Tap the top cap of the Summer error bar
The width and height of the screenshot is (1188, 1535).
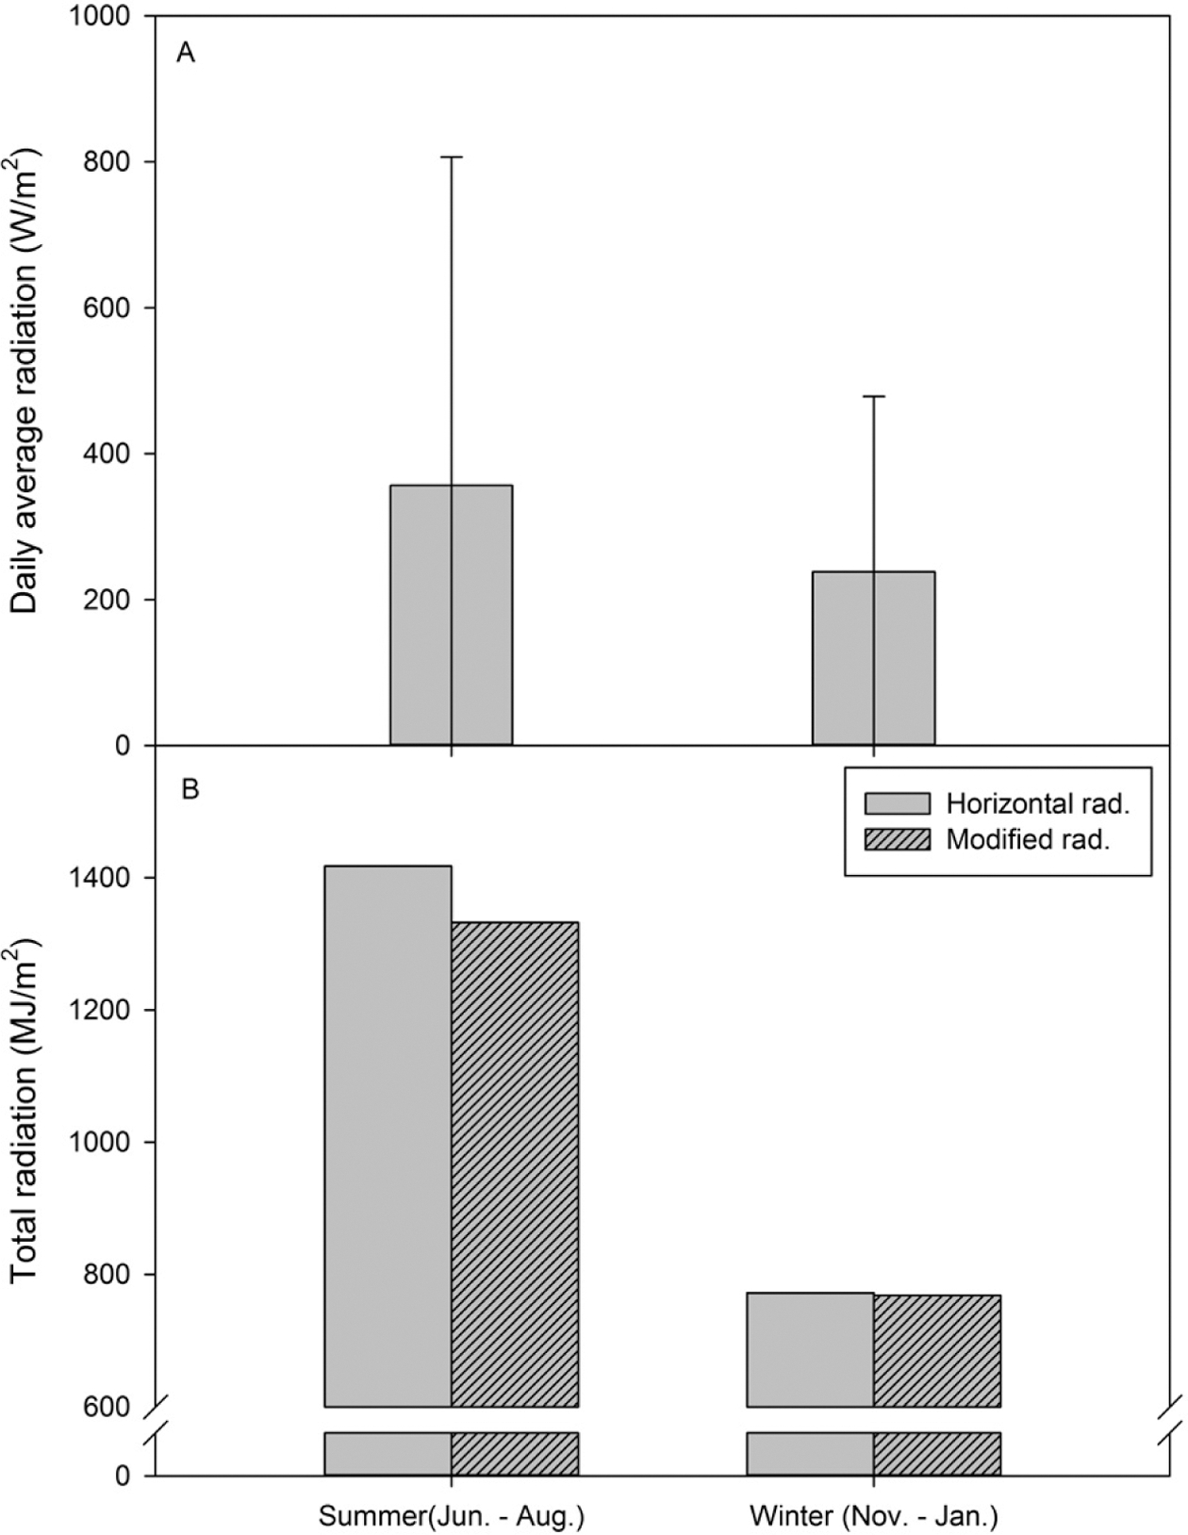coord(452,157)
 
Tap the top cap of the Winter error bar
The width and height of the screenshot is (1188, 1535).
coord(873,396)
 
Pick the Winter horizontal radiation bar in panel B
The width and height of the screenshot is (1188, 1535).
coord(810,1349)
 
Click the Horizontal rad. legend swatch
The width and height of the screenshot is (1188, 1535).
coord(897,803)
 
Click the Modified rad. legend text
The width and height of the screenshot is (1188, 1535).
coord(1028,839)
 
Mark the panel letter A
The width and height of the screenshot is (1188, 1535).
coord(186,54)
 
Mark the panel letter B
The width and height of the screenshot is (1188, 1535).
coord(190,789)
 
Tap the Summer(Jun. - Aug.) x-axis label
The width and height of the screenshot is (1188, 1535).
coord(452,1516)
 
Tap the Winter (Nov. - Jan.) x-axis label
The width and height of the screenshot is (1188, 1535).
coord(873,1516)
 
